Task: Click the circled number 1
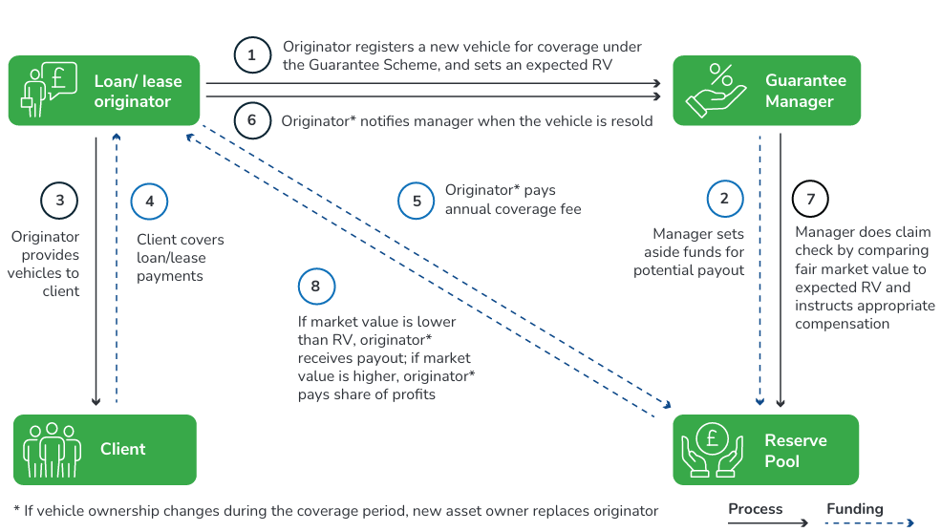[252, 55]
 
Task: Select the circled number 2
[724, 199]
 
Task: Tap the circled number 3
[59, 200]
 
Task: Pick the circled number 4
[149, 201]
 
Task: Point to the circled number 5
[416, 201]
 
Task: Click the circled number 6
[252, 120]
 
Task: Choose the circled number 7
[811, 199]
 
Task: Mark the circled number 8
[316, 287]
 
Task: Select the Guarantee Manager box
[766, 91]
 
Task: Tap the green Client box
[104, 449]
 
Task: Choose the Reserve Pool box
[766, 450]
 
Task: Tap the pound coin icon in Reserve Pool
[712, 450]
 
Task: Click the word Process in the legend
[755, 509]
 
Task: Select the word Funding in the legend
[855, 509]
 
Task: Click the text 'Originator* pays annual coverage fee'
[512, 199]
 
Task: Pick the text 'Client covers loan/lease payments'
[180, 258]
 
